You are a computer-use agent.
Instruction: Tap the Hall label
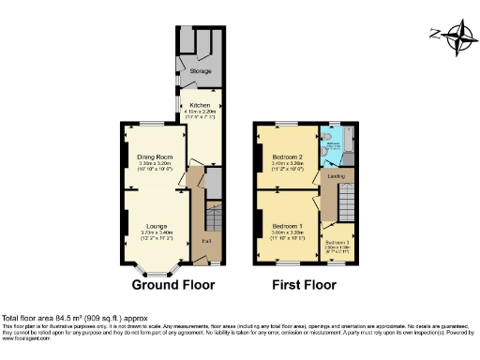pos(205,241)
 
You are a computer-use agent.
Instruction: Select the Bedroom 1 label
pos(286,226)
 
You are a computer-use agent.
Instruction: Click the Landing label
pos(335,175)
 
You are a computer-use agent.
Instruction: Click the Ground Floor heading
pos(172,285)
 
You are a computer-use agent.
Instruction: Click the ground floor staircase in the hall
pos(211,221)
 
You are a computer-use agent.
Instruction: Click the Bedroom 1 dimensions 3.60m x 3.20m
pos(286,232)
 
